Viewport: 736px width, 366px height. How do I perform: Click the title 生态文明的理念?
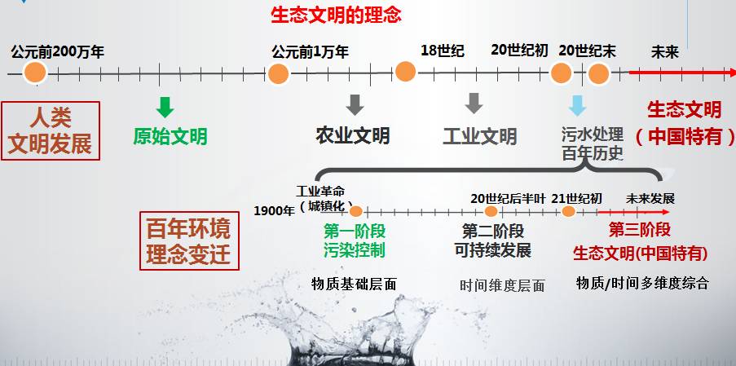336,15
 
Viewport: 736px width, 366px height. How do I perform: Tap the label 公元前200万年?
57,52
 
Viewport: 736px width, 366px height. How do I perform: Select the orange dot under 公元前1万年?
279,73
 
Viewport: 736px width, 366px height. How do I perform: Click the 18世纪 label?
442,51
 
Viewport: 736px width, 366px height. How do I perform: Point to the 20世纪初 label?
519,51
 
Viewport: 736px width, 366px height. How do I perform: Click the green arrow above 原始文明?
165,107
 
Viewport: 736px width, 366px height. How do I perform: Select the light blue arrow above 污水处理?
577,106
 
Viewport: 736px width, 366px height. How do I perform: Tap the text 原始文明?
170,135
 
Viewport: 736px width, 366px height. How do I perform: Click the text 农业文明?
353,135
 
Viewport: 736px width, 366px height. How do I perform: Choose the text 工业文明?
479,135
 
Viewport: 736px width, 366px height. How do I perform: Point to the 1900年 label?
274,210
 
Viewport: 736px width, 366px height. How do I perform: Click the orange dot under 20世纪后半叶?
491,211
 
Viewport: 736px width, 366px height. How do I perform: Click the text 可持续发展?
492,250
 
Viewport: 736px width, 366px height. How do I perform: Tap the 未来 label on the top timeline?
664,51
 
